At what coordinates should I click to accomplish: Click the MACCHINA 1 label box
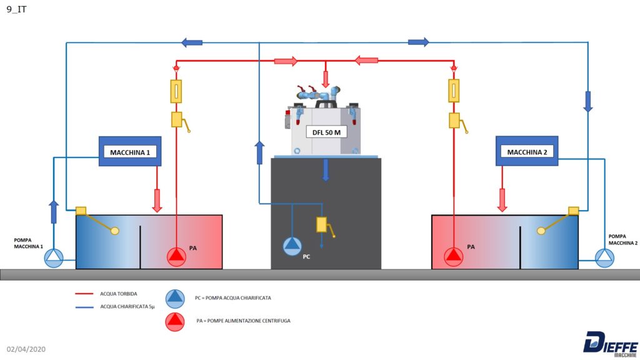tap(130, 151)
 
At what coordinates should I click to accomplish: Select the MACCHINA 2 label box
tap(526, 151)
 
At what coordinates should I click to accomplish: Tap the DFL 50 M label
tap(326, 132)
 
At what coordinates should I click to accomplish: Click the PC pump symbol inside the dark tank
tap(292, 246)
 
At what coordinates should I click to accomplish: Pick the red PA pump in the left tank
tap(176, 257)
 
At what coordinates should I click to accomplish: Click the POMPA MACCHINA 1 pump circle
tap(54, 258)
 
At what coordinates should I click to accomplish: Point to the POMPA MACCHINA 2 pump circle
tap(604, 258)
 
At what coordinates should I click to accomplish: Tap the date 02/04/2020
tap(26, 349)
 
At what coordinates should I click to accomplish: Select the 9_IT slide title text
tap(16, 9)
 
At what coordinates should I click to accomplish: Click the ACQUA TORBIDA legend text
tap(118, 294)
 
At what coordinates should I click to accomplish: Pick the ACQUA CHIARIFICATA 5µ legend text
tap(127, 306)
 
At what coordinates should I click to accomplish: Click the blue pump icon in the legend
tap(175, 298)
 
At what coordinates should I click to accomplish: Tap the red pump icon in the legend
tap(175, 322)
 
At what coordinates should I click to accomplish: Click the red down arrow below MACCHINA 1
tap(157, 201)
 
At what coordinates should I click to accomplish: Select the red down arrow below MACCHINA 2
tap(502, 200)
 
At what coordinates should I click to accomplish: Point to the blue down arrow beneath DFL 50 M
tap(325, 170)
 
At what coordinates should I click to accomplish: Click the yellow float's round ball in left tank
tap(115, 231)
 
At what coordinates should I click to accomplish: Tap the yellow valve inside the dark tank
tap(322, 224)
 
